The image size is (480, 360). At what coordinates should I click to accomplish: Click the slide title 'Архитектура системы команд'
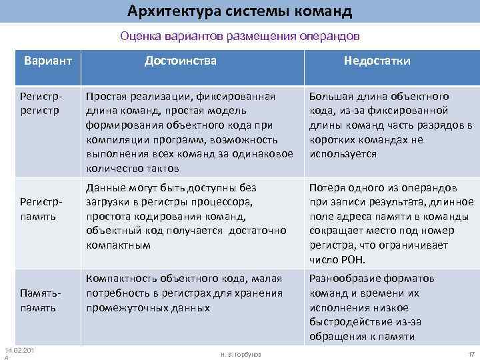239,11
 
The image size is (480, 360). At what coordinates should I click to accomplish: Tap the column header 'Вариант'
47,61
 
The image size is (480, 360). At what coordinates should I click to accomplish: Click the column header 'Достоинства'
181,61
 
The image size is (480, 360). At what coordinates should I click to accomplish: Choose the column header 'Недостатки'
377,61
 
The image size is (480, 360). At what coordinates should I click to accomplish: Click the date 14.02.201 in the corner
19,351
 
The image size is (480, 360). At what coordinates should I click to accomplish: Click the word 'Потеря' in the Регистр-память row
327,188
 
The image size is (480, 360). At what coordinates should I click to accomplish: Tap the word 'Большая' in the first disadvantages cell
329,97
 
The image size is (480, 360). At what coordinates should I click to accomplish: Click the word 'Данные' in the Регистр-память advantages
104,188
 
